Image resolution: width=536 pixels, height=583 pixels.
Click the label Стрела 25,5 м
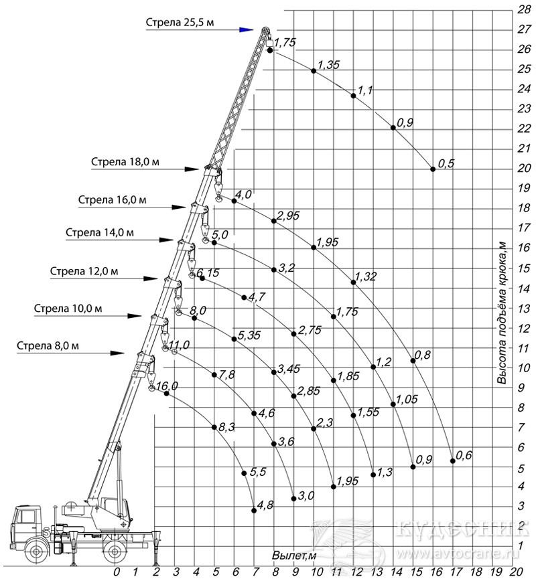point(180,22)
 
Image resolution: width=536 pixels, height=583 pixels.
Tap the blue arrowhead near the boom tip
point(246,29)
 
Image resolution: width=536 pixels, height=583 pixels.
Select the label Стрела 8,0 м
point(48,346)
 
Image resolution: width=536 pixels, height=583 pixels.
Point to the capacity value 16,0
point(167,386)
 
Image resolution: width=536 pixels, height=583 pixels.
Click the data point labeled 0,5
point(433,169)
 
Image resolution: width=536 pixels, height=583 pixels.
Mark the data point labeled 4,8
point(254,511)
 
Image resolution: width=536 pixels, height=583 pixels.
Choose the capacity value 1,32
point(366,276)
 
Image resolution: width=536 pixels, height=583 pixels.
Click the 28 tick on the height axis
point(524,9)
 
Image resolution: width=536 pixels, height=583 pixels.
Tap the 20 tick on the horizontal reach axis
point(517,572)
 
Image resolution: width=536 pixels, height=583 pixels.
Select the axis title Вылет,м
point(294,556)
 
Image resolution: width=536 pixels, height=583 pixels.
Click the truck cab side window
point(25,517)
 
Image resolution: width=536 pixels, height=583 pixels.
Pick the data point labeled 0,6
point(453,461)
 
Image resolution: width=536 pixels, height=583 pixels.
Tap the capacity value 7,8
point(226,374)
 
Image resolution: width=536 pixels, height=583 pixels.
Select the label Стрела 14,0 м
point(100,232)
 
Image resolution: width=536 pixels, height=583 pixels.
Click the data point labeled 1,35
point(314,71)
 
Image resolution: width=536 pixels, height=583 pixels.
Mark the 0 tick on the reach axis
point(117,572)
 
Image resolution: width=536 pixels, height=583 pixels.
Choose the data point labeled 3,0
point(293,499)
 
